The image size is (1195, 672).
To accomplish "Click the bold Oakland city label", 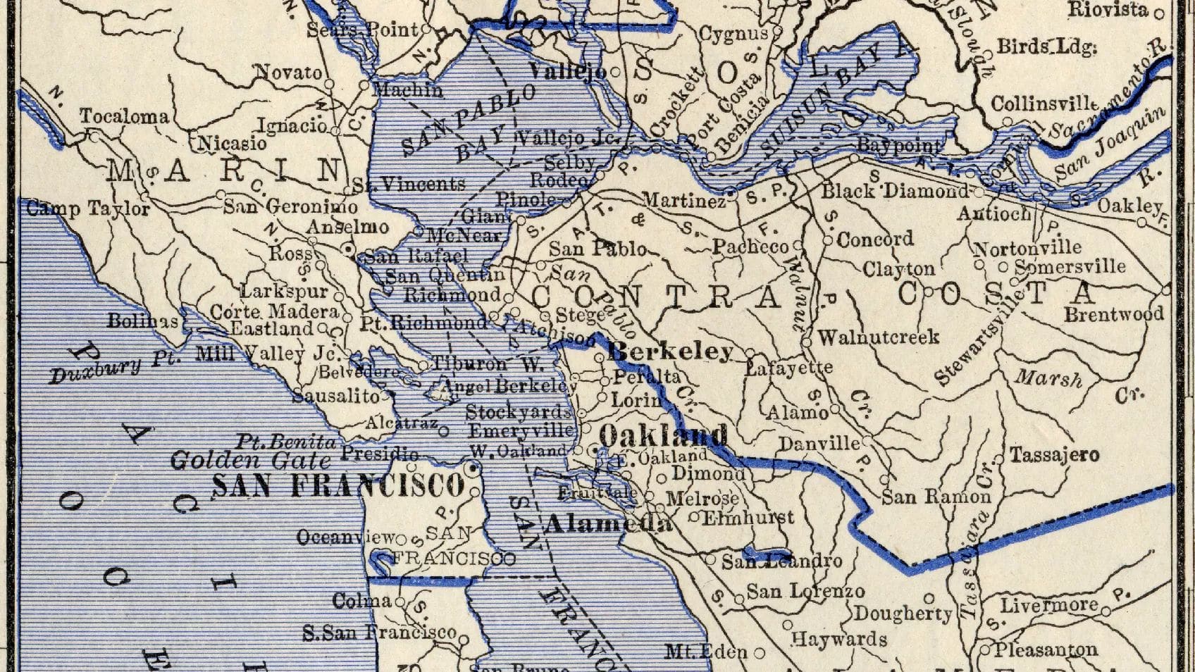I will [662, 436].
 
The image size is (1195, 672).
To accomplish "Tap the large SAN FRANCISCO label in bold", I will [338, 485].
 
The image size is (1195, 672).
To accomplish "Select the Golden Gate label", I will [250, 461].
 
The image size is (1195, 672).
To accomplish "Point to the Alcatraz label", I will [402, 423].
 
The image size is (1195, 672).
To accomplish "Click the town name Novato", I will [287, 72].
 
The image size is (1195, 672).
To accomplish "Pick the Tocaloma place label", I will [124, 116].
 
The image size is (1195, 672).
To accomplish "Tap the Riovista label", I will [1107, 9].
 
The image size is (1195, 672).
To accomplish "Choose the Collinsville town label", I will [1044, 104].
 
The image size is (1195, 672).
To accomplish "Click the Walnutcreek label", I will [878, 337].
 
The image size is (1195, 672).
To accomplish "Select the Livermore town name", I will [1049, 605].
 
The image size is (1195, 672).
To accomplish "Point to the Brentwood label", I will [1113, 314].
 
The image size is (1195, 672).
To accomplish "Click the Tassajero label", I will [1054, 455].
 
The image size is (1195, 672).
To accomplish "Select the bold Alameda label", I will [609, 523].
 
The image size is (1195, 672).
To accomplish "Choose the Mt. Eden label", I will [706, 652].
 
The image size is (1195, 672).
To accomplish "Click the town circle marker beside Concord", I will [829, 241].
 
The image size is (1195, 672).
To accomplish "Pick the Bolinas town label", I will [142, 321].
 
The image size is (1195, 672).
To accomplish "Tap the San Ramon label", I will [936, 497].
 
